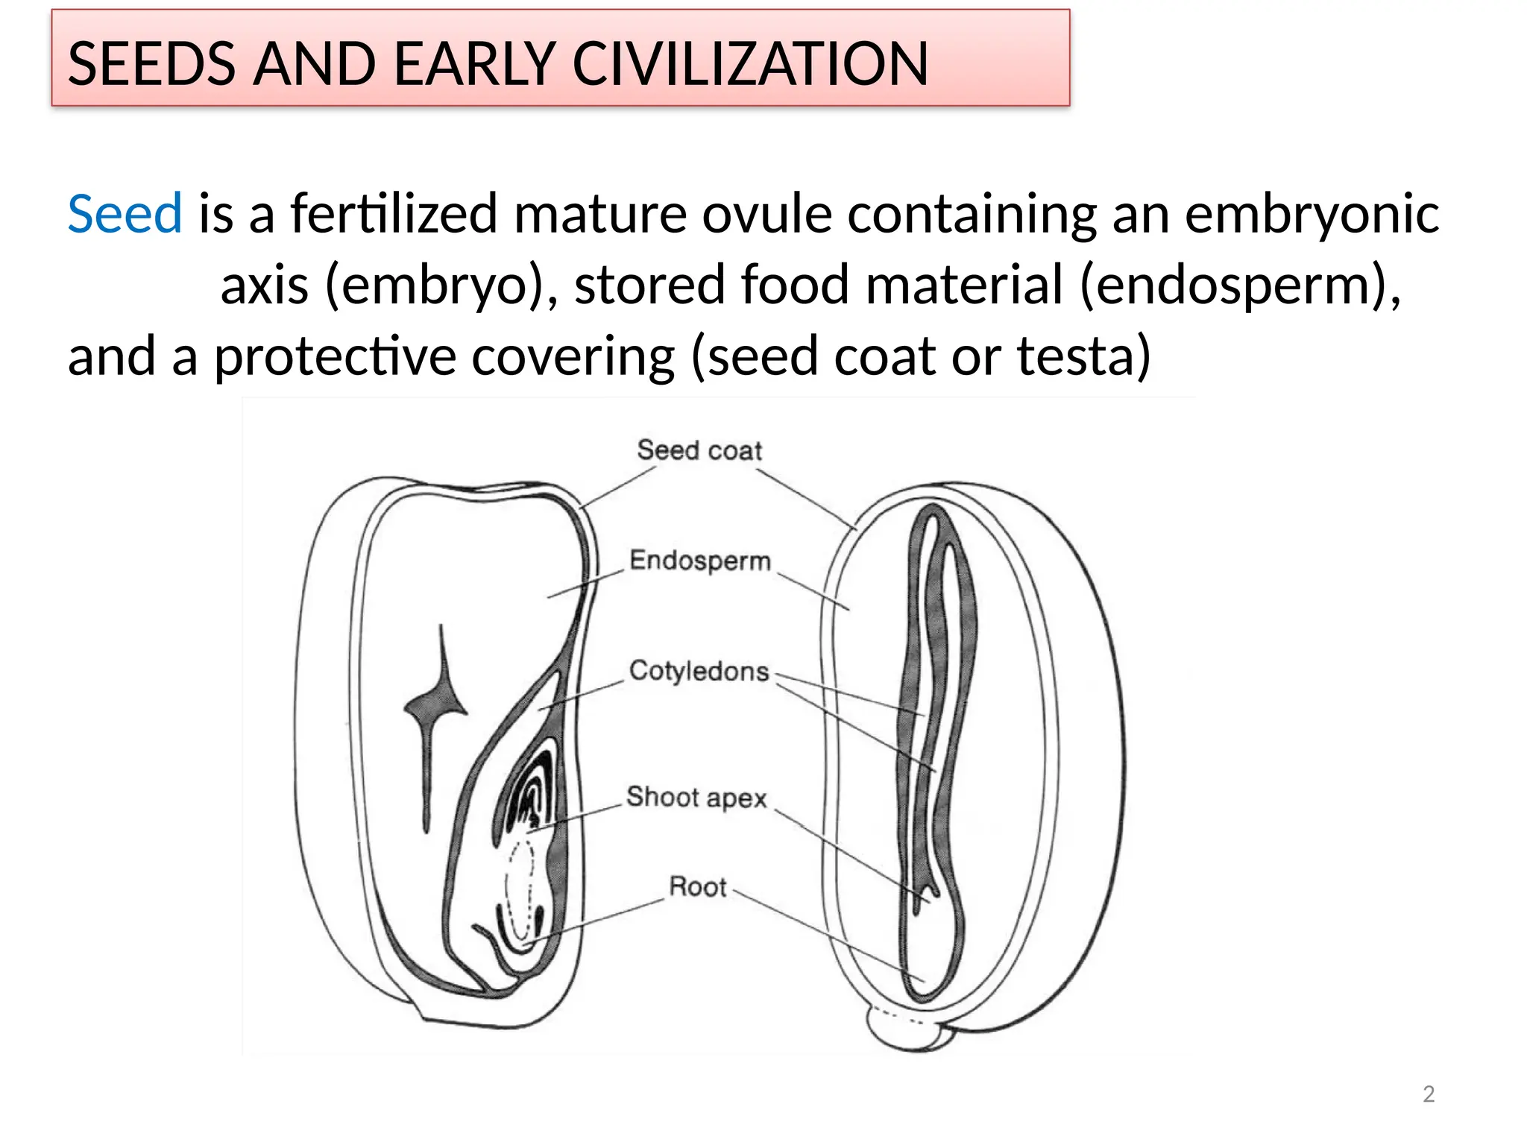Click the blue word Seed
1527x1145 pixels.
pos(125,214)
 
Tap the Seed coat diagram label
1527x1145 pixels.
pos(699,450)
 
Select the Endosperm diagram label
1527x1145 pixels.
pos(699,561)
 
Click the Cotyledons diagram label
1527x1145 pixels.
pos(699,671)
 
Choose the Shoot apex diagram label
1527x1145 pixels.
pos(696,797)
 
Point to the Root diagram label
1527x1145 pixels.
pos(697,886)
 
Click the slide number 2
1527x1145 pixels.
pos(1428,1094)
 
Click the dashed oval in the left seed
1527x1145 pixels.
pos(520,891)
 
